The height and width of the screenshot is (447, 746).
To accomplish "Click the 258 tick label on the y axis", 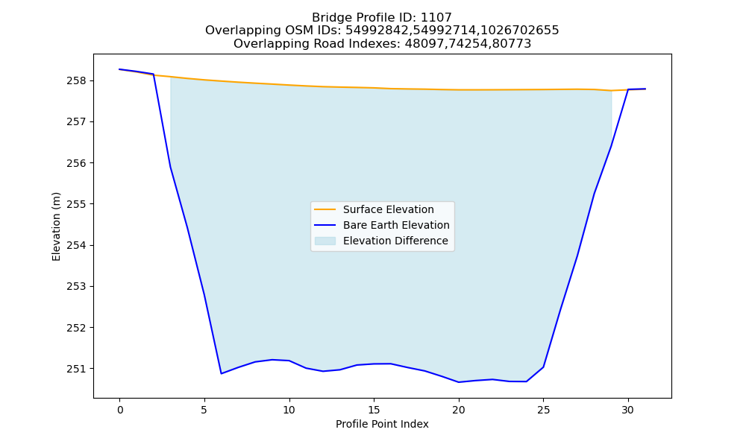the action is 77,80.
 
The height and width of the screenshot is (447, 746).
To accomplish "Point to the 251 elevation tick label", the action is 77,369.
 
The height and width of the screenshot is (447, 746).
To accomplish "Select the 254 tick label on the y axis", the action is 77,246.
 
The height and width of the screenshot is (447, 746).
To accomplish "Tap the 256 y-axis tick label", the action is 77,163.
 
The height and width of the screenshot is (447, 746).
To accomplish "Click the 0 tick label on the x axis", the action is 120,410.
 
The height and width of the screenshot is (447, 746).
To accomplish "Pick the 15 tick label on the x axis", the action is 374,410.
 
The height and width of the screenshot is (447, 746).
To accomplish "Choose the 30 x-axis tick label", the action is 628,410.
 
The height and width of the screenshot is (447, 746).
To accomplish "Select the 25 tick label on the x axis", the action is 543,410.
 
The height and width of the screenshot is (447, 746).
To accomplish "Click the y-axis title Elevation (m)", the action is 56,226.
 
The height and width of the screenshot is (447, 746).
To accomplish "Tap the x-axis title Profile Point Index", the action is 382,424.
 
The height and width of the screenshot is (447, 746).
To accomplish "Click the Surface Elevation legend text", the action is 388,209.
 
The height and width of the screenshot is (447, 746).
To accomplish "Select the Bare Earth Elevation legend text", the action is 396,225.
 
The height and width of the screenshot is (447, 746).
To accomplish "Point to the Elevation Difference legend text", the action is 395,241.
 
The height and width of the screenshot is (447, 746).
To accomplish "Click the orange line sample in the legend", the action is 325,209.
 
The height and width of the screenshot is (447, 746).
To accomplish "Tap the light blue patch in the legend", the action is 325,241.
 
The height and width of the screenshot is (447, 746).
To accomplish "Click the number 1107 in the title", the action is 436,18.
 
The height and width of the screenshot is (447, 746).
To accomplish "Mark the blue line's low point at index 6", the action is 222,373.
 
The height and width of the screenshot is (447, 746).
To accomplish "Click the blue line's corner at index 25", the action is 543,367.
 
